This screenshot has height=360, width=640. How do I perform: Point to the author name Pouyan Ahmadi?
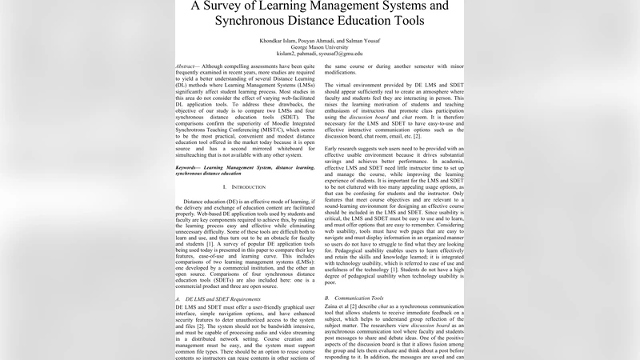pyautogui.click(x=321, y=39)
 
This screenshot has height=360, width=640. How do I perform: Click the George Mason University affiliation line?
pyautogui.click(x=320, y=46)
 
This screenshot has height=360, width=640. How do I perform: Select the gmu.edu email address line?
pyautogui.click(x=320, y=54)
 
